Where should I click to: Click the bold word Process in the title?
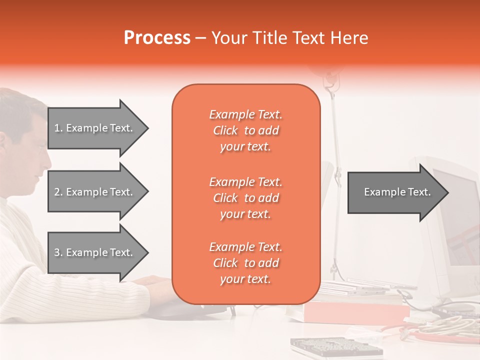coord(157,38)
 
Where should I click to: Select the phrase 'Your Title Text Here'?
coord(289,38)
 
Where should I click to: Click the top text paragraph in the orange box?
coord(245,130)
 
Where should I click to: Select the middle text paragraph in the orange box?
coord(245,198)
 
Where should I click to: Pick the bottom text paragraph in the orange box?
coord(245,263)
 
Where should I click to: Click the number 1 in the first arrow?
coord(57,128)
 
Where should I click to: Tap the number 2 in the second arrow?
coord(57,192)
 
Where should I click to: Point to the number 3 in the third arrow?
coord(57,252)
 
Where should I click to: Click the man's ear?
coord(7,140)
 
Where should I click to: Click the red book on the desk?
coord(355,313)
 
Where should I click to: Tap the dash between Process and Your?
coord(201,38)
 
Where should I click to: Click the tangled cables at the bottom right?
coord(440,327)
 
